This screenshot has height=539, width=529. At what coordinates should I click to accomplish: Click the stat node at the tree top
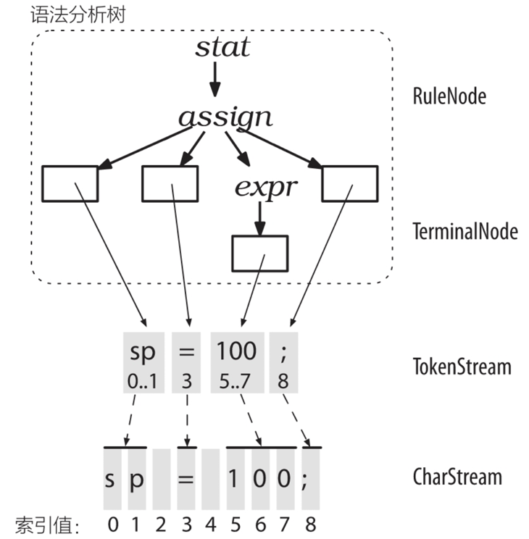[222, 48]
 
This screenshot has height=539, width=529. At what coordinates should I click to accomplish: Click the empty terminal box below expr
[259, 253]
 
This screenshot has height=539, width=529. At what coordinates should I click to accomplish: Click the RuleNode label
[449, 96]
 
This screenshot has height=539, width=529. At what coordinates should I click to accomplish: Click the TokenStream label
[462, 367]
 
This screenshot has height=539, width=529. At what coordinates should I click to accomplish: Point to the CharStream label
[457, 477]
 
